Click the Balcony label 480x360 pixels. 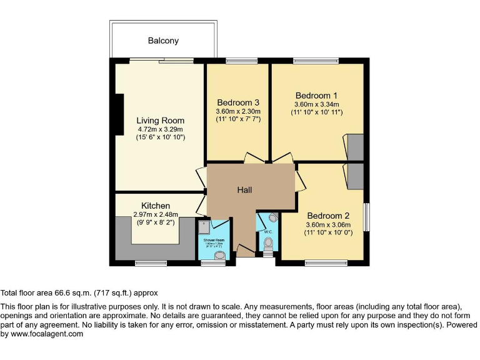[163, 41]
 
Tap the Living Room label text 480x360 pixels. [161, 121]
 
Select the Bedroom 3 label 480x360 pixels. [238, 102]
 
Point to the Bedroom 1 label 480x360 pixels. [316, 96]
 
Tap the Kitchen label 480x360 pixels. [156, 206]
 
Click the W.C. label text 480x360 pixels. [267, 232]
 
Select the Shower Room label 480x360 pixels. [213, 239]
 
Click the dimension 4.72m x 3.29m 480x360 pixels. [161, 129]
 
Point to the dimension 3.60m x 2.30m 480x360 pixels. [238, 111]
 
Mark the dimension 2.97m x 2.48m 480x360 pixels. [156, 214]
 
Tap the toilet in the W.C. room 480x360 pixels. [269, 244]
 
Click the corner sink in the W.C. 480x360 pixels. [272, 218]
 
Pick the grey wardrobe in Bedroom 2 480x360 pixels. [356, 176]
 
